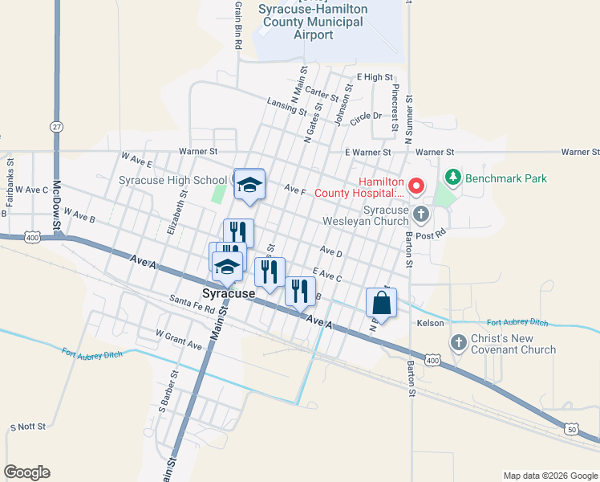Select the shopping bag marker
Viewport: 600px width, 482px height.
(x=381, y=304)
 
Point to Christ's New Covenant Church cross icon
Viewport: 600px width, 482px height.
(x=458, y=343)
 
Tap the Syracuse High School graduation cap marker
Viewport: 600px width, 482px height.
(x=249, y=185)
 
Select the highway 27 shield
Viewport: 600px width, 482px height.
(x=56, y=127)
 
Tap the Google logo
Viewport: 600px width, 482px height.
(x=26, y=472)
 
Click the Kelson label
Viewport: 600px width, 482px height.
(x=430, y=323)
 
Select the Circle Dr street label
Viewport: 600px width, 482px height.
(x=367, y=116)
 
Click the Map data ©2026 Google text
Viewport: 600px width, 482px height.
(x=549, y=476)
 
